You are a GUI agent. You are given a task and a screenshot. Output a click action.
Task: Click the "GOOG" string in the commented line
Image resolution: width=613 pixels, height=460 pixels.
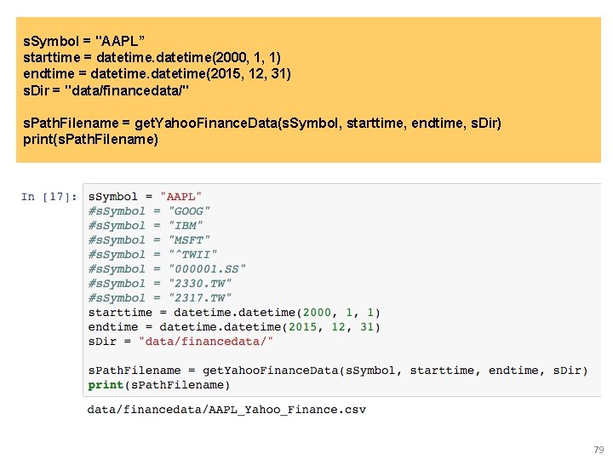tap(189, 211)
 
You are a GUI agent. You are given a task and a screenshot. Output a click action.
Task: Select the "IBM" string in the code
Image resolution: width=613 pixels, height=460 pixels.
tap(186, 226)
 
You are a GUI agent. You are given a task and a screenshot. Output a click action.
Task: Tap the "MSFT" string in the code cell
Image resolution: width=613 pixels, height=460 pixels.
tap(189, 240)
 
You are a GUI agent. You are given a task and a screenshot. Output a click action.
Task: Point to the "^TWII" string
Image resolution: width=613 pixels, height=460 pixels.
tap(192, 255)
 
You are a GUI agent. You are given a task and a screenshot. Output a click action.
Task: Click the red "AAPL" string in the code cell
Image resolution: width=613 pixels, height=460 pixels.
tap(181, 197)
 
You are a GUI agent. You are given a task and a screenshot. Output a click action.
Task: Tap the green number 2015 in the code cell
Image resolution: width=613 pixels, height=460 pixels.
tap(305, 327)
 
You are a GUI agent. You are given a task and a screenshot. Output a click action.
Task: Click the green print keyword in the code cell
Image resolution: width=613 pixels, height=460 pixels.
tap(106, 385)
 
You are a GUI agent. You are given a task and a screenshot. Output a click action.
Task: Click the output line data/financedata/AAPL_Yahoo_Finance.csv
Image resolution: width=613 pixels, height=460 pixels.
tap(226, 410)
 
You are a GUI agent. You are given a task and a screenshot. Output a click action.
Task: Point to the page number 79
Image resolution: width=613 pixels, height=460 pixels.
tap(598, 450)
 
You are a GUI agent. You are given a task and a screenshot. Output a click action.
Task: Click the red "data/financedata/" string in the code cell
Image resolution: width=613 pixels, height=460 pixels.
tap(206, 342)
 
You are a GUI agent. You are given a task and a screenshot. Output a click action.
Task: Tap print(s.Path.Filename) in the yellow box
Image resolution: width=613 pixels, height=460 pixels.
tap(91, 139)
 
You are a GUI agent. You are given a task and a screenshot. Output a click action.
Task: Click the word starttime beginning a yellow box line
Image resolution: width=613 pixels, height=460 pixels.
tap(50, 56)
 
